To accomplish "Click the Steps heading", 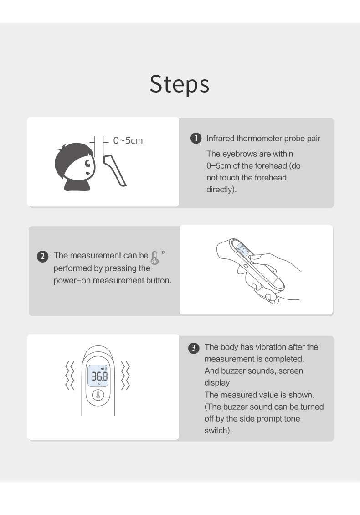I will point(180,84).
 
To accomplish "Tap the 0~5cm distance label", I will point(128,140).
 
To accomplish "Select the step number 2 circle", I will point(42,256).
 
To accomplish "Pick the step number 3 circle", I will point(194,348).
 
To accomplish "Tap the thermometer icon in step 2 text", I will point(155,257).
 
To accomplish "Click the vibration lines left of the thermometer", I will point(69,376).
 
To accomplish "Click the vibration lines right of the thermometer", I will point(125,376).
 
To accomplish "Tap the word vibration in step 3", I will point(267,347).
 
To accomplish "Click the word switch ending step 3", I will point(217,430).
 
